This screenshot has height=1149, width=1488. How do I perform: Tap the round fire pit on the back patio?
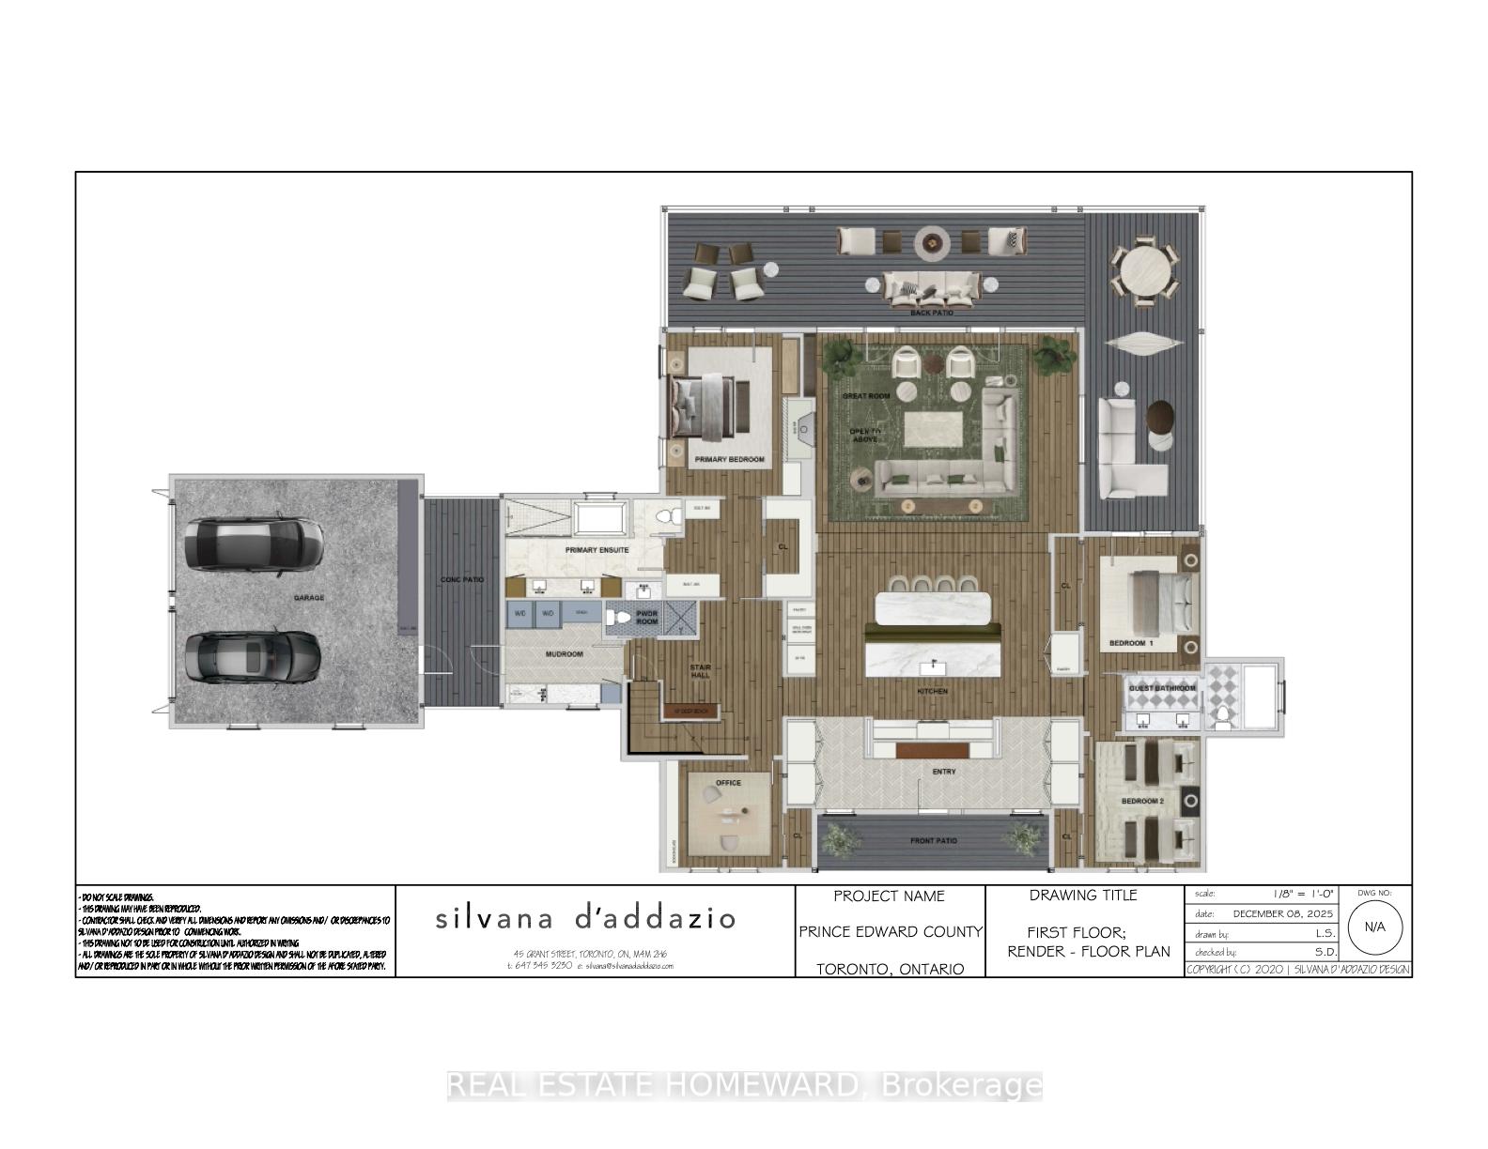click(933, 243)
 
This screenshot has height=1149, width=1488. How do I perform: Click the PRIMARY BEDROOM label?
click(729, 460)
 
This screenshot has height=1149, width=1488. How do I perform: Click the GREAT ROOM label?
click(865, 396)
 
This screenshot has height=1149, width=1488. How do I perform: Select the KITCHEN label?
click(933, 691)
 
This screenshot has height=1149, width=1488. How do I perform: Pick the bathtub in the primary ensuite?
click(600, 519)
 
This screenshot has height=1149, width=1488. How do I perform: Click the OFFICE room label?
click(728, 782)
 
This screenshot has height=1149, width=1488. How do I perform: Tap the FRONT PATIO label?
click(934, 841)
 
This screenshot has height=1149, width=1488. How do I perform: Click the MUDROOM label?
click(564, 653)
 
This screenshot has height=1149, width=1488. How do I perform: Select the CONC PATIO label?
click(462, 579)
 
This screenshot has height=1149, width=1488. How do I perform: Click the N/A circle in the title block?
click(1374, 927)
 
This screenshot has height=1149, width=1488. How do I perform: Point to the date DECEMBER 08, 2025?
click(1283, 913)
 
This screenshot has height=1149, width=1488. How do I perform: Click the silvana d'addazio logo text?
click(584, 918)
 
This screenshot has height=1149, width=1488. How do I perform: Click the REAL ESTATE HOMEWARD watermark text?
click(744, 1086)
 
